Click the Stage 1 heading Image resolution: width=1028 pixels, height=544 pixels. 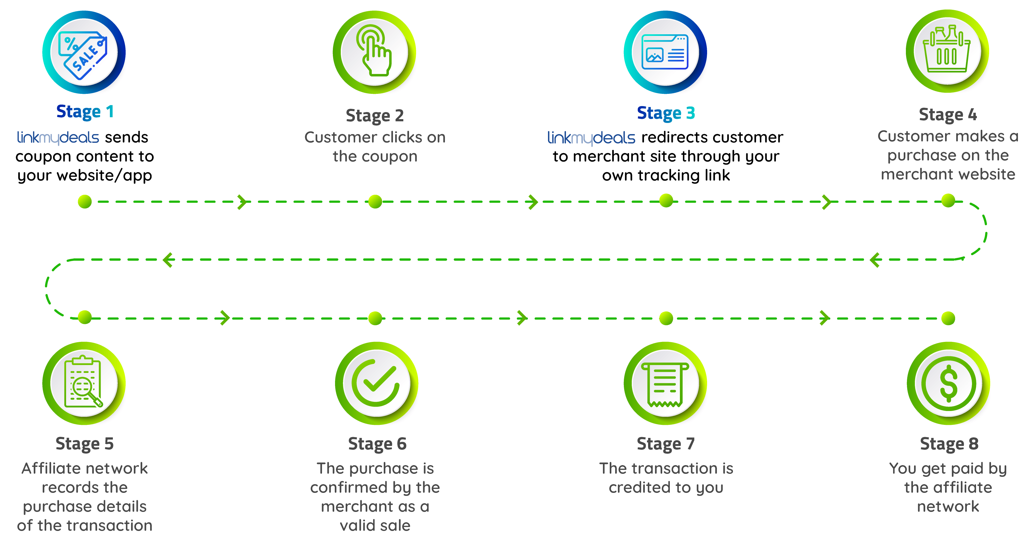pyautogui.click(x=85, y=112)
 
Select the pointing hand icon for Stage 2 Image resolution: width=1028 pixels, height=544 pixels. pyautogui.click(x=374, y=50)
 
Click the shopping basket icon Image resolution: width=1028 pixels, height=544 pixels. pyautogui.click(x=947, y=49)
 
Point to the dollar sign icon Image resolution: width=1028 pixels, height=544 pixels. pyautogui.click(x=949, y=384)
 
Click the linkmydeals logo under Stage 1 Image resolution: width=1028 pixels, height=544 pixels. pyautogui.click(x=58, y=138)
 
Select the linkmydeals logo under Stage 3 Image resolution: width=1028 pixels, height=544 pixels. pyautogui.click(x=591, y=138)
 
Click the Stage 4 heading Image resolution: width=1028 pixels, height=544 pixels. pyautogui.click(x=948, y=115)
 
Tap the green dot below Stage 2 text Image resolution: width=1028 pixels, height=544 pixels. pyautogui.click(x=375, y=202)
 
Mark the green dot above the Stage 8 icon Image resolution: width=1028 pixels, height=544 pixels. pyautogui.click(x=948, y=319)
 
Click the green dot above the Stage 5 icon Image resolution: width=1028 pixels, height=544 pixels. pyautogui.click(x=85, y=318)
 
